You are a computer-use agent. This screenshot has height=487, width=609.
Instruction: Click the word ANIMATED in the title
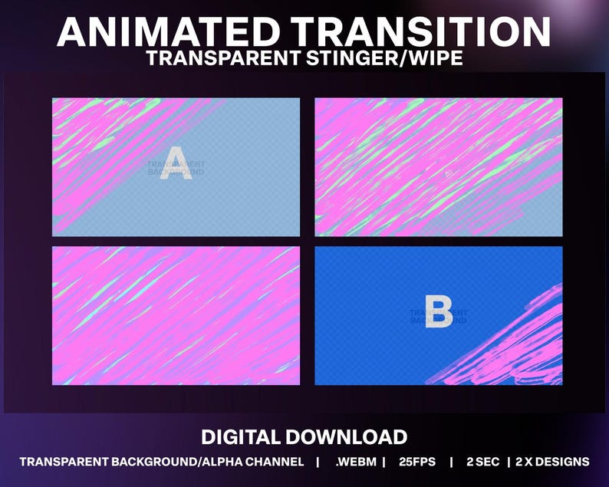click(x=168, y=32)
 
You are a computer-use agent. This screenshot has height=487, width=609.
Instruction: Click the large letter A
click(x=177, y=161)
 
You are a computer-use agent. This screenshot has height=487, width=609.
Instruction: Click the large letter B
click(x=438, y=313)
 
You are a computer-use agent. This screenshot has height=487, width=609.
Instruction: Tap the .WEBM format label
click(x=354, y=462)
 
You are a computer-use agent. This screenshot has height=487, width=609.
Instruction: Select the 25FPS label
click(x=417, y=462)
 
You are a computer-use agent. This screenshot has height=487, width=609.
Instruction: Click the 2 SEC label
click(x=482, y=462)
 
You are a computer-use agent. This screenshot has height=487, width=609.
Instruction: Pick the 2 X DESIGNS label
click(x=552, y=462)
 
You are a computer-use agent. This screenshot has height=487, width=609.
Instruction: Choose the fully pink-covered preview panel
click(x=176, y=316)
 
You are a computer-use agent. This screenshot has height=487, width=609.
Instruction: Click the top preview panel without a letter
click(x=438, y=167)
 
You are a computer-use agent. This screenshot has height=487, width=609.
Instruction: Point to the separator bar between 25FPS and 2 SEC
click(x=451, y=462)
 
